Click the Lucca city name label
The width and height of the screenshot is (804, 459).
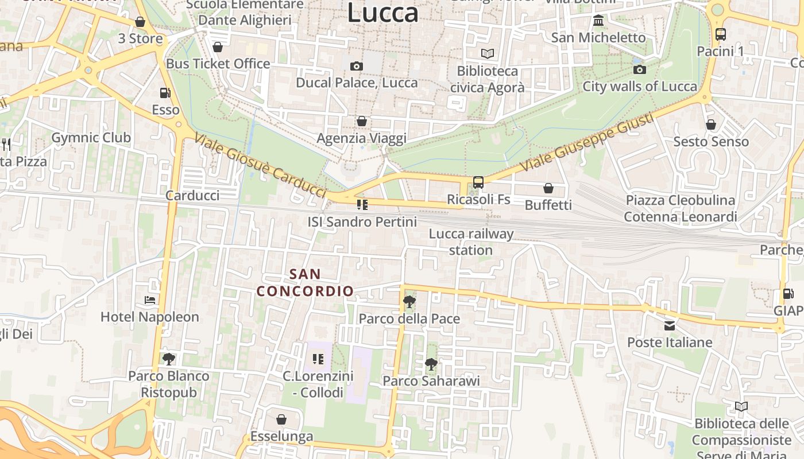[x=382, y=13]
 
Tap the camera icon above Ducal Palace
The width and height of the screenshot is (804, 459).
[x=357, y=67]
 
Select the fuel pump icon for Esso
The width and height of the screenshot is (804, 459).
[x=165, y=93]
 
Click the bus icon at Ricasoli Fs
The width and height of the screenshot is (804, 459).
[x=478, y=183]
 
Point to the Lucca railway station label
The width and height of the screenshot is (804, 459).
[x=471, y=242]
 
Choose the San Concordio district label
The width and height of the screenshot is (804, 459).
[x=305, y=283]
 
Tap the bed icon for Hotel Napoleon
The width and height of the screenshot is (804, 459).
[x=150, y=300]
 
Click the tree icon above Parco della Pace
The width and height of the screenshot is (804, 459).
[x=409, y=302]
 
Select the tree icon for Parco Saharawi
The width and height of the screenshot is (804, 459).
[x=431, y=364]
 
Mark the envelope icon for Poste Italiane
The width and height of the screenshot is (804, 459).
[x=670, y=326]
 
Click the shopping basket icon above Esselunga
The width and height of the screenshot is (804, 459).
[x=281, y=420]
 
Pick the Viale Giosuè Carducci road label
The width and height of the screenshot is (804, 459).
[x=260, y=165]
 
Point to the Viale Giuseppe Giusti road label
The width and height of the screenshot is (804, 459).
[x=586, y=142]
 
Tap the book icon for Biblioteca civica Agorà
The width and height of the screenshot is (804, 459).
[x=488, y=54]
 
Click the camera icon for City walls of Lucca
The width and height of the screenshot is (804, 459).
[x=640, y=70]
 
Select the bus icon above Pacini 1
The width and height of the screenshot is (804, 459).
[x=721, y=34]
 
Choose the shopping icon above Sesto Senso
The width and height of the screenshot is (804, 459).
[x=711, y=125]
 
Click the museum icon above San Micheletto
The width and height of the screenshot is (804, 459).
[x=598, y=21]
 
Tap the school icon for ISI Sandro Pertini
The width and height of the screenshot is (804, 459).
[x=362, y=205]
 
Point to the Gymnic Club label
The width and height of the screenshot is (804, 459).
[x=91, y=138]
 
